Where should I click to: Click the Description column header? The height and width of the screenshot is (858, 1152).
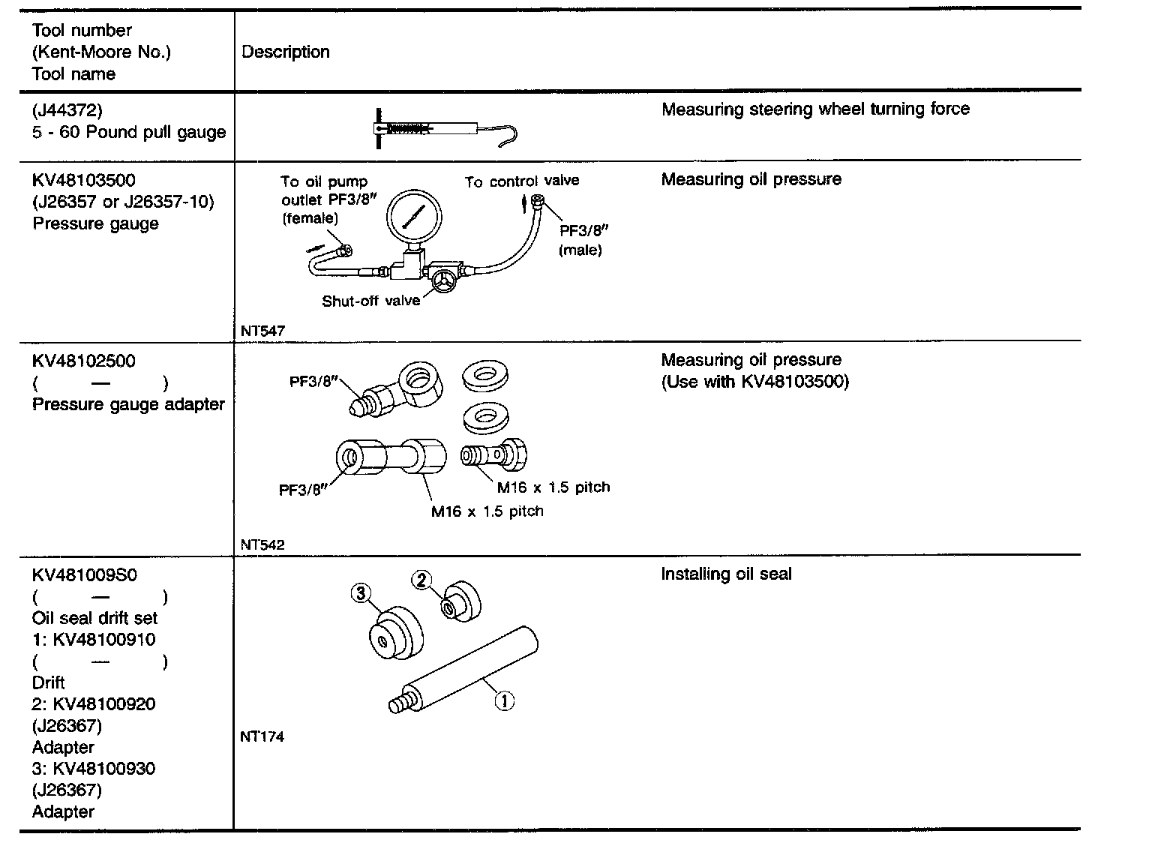pos(285,52)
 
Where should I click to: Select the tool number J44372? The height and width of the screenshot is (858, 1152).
pos(67,111)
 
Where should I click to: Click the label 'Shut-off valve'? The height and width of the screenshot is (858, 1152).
pos(370,301)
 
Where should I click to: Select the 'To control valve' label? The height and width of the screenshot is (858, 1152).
pos(521,181)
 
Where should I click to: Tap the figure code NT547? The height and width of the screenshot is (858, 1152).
pos(262,330)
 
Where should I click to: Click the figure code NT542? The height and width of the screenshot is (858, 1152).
pos(262,545)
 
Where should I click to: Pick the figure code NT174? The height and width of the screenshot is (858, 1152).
pos(262,736)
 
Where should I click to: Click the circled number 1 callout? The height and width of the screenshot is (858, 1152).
pos(504,701)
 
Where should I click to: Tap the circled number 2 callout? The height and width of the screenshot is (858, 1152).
pos(422,580)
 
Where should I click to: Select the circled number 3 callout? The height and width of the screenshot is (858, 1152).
pos(361,594)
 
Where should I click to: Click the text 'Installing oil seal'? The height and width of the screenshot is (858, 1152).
pos(726,574)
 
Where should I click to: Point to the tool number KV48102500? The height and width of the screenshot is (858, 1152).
pos(84,361)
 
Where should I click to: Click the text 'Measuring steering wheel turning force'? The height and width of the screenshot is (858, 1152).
pos(815,109)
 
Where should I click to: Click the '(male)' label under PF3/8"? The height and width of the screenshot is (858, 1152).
pos(580,250)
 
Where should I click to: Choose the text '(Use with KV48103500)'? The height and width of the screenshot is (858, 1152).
pos(755,382)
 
